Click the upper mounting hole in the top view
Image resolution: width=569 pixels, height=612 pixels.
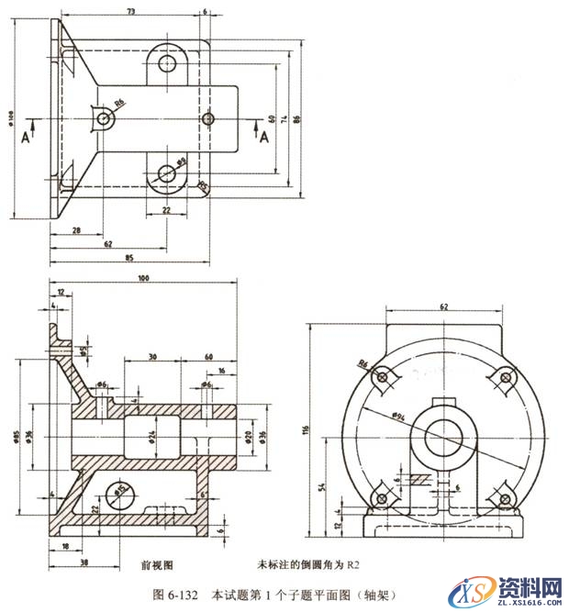(x=167, y=64)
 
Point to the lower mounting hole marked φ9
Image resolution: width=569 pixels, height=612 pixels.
(x=166, y=173)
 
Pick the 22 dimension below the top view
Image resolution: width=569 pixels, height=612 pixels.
(x=166, y=211)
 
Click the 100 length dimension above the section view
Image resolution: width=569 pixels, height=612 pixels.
(x=142, y=277)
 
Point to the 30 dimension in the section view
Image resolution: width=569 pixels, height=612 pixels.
(x=151, y=357)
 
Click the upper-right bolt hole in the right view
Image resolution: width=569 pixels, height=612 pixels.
(x=503, y=376)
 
